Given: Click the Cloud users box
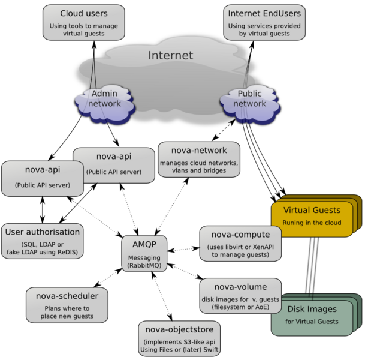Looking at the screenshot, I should pyautogui.click(x=84, y=23).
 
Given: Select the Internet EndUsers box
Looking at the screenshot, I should pyautogui.click(x=264, y=23).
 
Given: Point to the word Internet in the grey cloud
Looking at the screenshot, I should pyautogui.click(x=171, y=56).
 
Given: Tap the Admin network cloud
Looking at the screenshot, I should pyautogui.click(x=104, y=101).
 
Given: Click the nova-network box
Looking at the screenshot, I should pyautogui.click(x=198, y=158).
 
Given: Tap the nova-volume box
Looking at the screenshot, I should pyautogui.click(x=240, y=295).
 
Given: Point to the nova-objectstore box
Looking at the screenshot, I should pyautogui.click(x=179, y=339).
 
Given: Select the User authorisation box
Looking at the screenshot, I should pyautogui.click(x=42, y=240).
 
